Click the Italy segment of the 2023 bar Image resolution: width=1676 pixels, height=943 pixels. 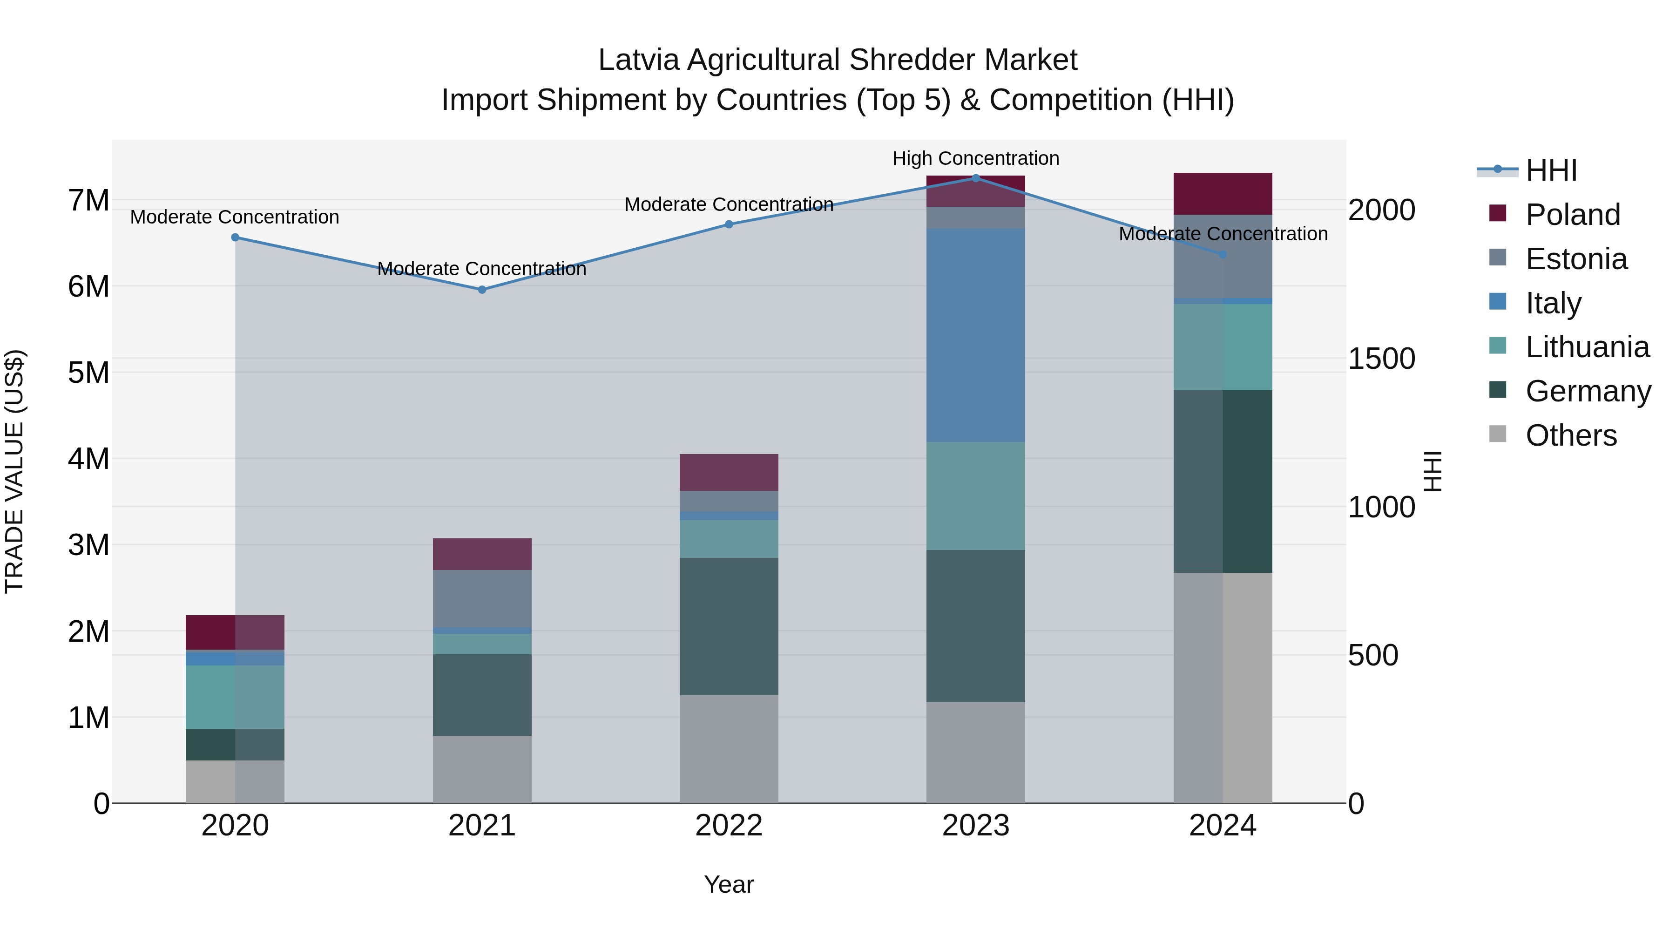pos(975,335)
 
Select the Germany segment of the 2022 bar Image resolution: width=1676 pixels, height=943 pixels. pos(729,626)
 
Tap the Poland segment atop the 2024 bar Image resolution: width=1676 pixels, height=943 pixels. pos(1223,193)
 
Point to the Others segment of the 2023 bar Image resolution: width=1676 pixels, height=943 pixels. pos(975,753)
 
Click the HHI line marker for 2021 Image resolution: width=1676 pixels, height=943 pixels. pos(482,290)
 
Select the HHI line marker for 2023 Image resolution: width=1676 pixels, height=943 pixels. pos(975,178)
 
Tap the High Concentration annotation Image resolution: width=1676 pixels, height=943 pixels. pos(975,158)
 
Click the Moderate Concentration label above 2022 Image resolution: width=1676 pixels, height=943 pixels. pos(729,204)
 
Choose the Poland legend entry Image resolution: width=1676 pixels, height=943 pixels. pos(1573,215)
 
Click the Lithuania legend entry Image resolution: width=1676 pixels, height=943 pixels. pos(1587,347)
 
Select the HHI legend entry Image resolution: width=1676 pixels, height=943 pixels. pos(1551,170)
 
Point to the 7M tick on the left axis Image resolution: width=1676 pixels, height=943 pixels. pos(88,200)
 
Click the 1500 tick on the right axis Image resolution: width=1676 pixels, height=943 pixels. pos(1381,359)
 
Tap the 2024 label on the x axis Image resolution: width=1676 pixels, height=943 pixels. pos(1223,826)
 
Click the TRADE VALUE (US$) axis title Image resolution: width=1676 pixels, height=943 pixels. pos(14,471)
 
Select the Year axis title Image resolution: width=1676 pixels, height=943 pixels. pos(729,884)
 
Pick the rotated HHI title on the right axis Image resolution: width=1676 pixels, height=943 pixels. pos(1433,471)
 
